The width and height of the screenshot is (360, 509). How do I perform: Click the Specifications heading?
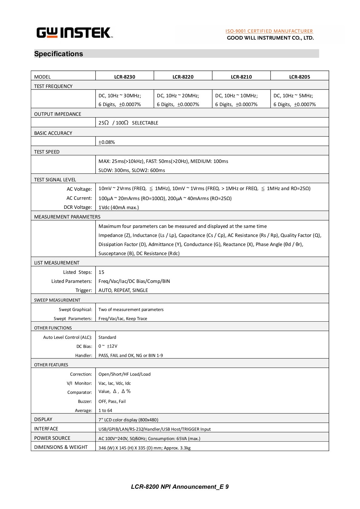(x=59, y=54)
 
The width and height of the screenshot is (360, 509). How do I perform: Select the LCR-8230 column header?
(x=125, y=77)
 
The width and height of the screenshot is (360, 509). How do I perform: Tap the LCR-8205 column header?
(x=300, y=77)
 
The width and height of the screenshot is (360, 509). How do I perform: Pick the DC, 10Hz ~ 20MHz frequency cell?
(x=178, y=96)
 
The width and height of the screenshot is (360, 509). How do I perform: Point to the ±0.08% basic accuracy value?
(x=107, y=142)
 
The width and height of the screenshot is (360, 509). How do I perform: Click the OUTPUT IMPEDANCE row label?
(x=58, y=114)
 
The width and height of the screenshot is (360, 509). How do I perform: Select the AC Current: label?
(x=79, y=198)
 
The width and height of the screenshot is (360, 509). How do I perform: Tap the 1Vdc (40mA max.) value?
(x=118, y=207)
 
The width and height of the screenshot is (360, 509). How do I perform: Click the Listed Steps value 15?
(x=101, y=272)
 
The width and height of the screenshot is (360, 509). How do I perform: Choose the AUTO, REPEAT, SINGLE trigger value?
(x=123, y=290)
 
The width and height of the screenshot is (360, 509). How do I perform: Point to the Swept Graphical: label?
(x=76, y=310)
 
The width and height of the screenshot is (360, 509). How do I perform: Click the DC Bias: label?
(x=84, y=346)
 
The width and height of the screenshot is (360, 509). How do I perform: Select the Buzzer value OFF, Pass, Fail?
(x=112, y=401)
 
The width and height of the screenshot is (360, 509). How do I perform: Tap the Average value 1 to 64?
(x=105, y=410)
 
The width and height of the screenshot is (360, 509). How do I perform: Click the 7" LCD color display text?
(x=128, y=420)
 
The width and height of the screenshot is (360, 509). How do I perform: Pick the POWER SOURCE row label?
(x=52, y=438)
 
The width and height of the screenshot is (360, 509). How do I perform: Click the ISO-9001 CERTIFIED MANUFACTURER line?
(x=269, y=31)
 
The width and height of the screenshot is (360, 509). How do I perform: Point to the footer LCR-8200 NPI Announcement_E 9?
(x=180, y=487)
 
